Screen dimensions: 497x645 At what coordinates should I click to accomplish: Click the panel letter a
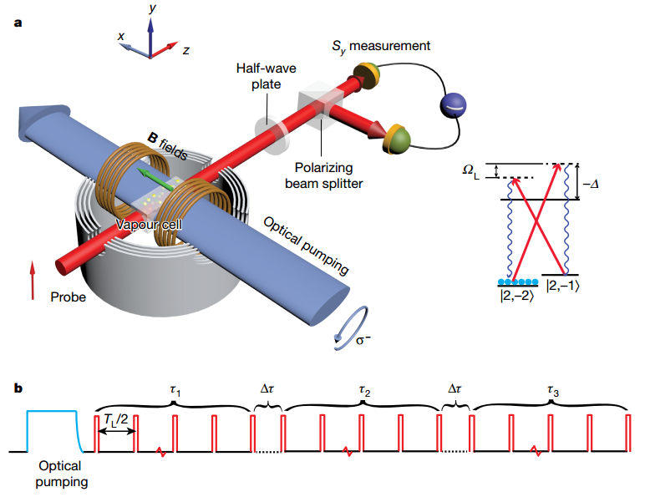point(18,23)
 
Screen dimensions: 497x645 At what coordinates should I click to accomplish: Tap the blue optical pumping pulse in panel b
point(53,431)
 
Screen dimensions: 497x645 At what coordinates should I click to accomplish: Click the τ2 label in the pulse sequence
point(363,389)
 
